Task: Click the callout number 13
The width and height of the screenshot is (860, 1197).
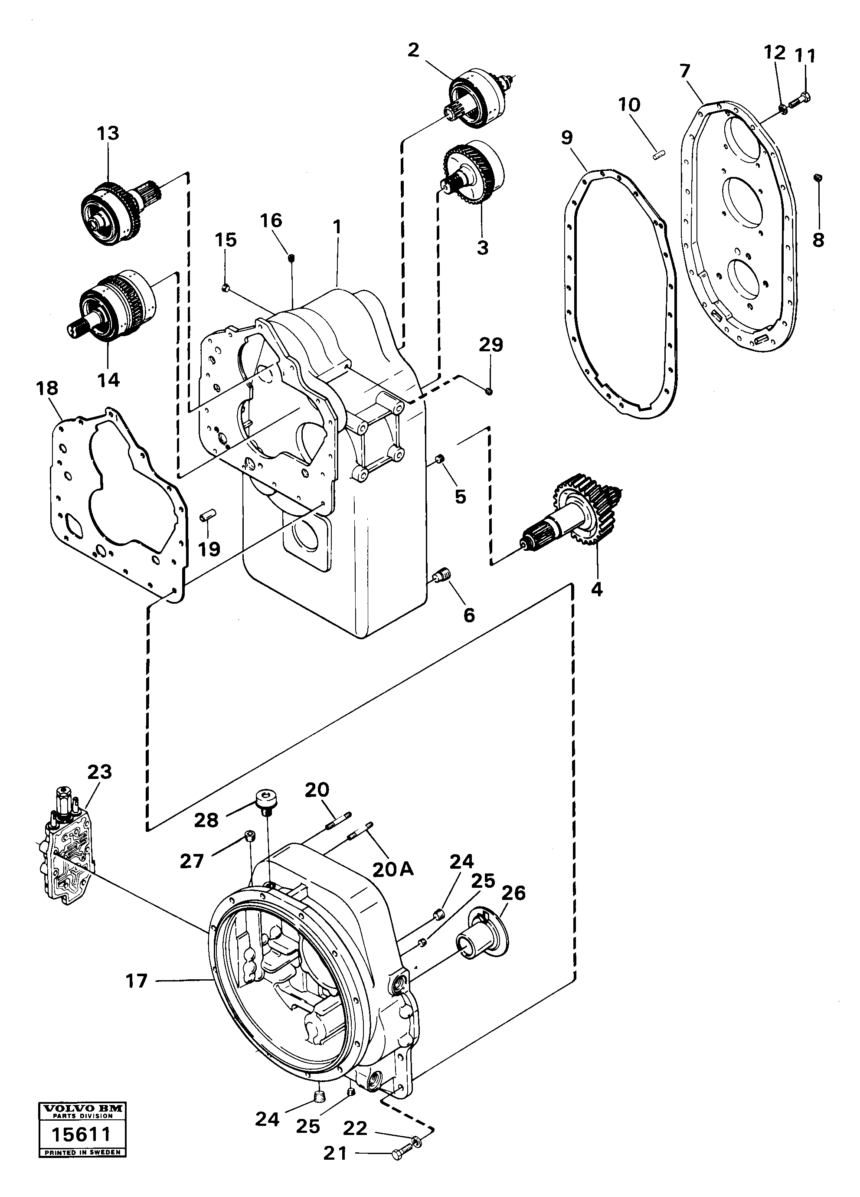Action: (x=108, y=133)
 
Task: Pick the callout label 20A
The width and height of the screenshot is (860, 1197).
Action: (x=393, y=869)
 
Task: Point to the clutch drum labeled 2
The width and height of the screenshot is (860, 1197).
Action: (x=477, y=98)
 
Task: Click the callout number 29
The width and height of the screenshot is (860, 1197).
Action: (x=490, y=345)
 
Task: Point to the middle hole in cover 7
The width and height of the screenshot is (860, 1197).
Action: (x=745, y=202)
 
